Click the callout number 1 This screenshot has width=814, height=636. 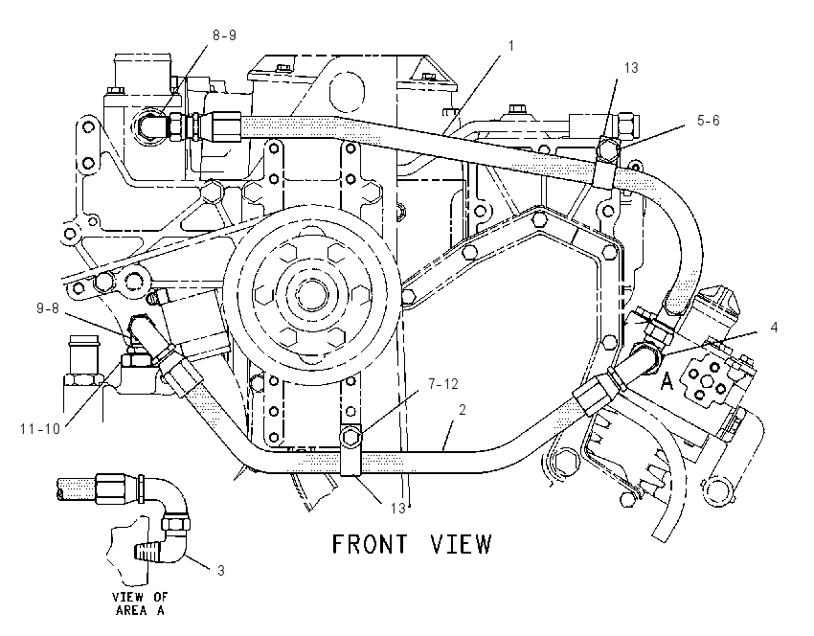(510, 46)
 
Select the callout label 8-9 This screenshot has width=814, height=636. (224, 35)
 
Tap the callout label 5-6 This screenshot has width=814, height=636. (708, 121)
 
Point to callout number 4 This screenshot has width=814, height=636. (774, 328)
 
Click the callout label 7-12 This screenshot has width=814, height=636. (443, 384)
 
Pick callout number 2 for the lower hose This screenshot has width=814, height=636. (462, 410)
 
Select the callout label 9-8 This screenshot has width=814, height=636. (48, 308)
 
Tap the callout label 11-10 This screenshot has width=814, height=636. (40, 429)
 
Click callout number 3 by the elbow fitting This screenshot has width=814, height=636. (220, 571)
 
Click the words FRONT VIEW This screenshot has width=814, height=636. (411, 544)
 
